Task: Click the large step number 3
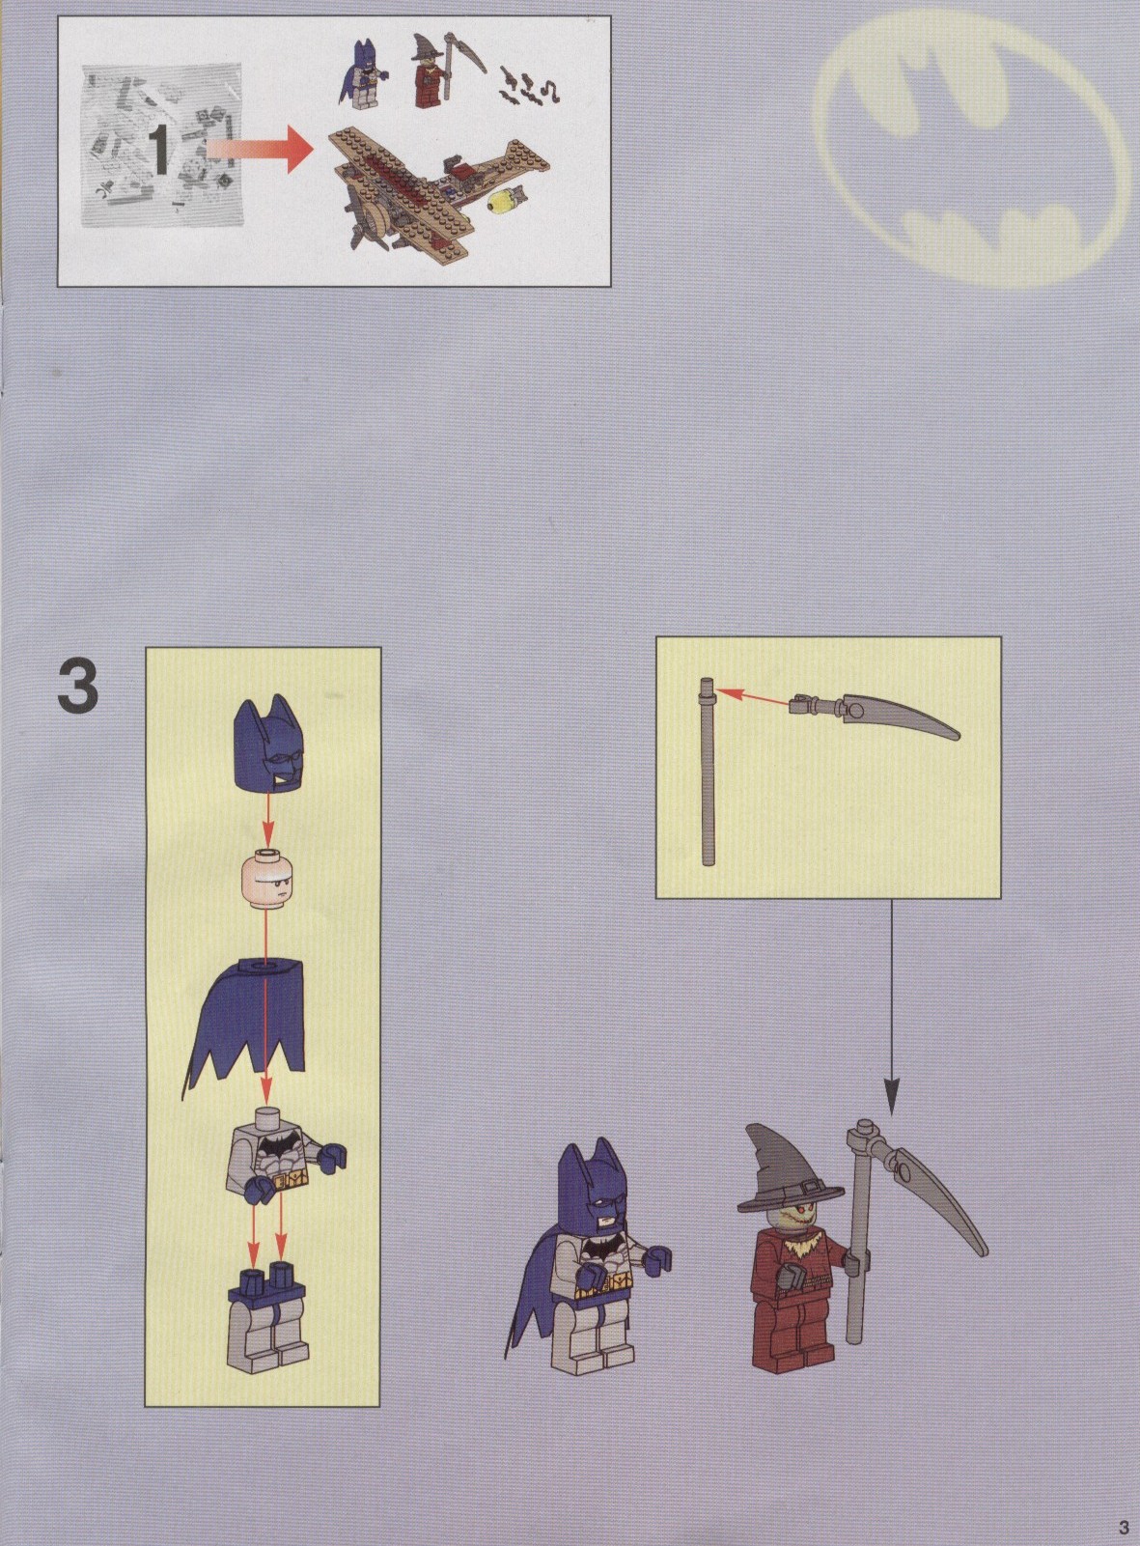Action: pos(78,688)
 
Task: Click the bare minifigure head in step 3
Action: pos(266,880)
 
